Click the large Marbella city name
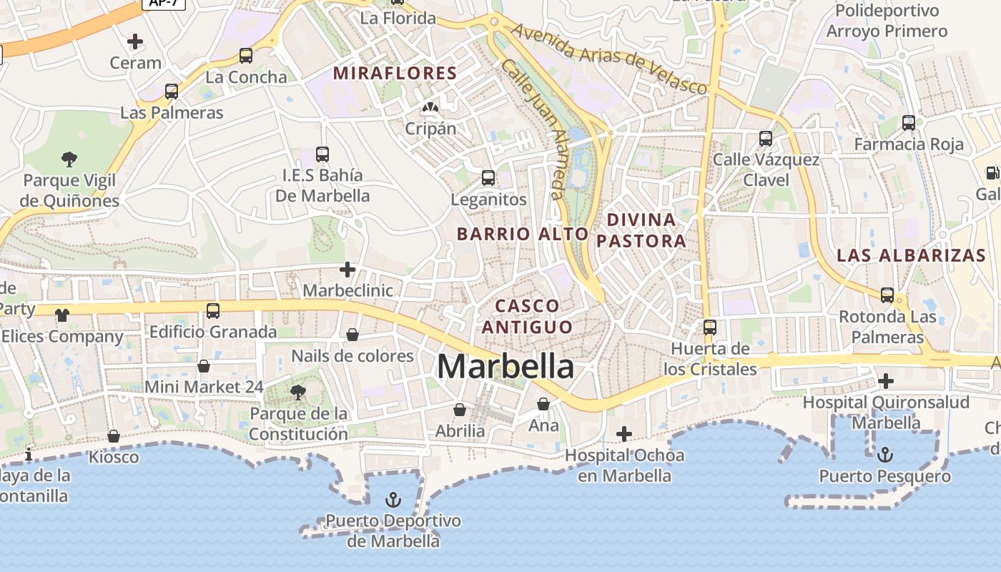pyautogui.click(x=506, y=367)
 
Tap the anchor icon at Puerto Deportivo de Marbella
pyautogui.click(x=393, y=499)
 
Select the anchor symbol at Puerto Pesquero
pyautogui.click(x=885, y=454)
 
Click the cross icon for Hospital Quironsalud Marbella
pyautogui.click(x=886, y=380)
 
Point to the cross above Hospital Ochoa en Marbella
pyautogui.click(x=624, y=433)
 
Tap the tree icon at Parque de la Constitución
pyautogui.click(x=298, y=392)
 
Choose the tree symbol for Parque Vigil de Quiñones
pyautogui.click(x=69, y=159)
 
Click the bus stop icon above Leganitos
pyautogui.click(x=488, y=178)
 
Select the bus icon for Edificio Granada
pyautogui.click(x=213, y=310)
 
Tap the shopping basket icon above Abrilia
pyautogui.click(x=460, y=410)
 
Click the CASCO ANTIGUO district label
pyautogui.click(x=528, y=316)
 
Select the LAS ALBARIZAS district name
pyautogui.click(x=911, y=255)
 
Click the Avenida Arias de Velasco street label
pyautogui.click(x=610, y=59)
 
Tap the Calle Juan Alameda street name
pyautogui.click(x=533, y=129)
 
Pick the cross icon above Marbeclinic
pyautogui.click(x=347, y=270)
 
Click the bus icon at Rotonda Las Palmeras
pyautogui.click(x=887, y=295)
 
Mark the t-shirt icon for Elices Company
pyautogui.click(x=62, y=315)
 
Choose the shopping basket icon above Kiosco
pyautogui.click(x=114, y=436)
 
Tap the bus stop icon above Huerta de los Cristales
pyautogui.click(x=710, y=327)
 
